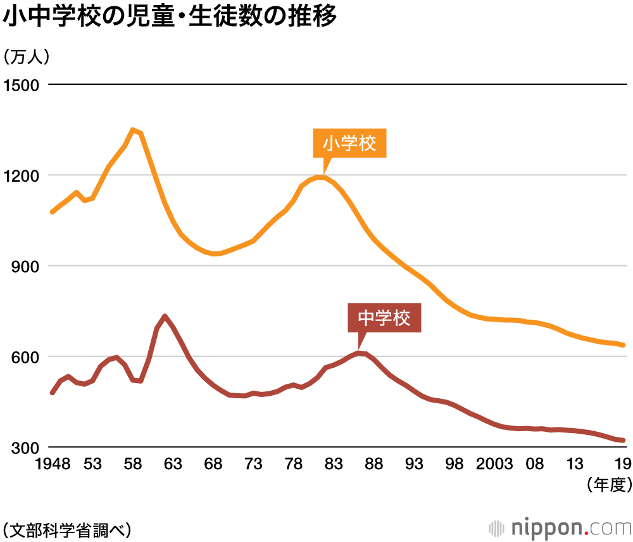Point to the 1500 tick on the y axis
click(x=21, y=85)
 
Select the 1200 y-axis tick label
click(x=21, y=175)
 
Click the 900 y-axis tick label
click(x=25, y=266)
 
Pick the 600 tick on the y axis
click(x=25, y=357)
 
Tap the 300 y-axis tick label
click(x=25, y=448)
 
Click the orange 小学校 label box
click(x=349, y=143)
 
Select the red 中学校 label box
click(x=384, y=318)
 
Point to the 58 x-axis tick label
click(x=133, y=465)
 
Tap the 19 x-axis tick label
click(x=622, y=465)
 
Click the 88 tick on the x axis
click(x=374, y=465)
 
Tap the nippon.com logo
click(x=560, y=527)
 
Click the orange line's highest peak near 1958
click(x=132, y=130)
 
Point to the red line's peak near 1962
click(x=165, y=316)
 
